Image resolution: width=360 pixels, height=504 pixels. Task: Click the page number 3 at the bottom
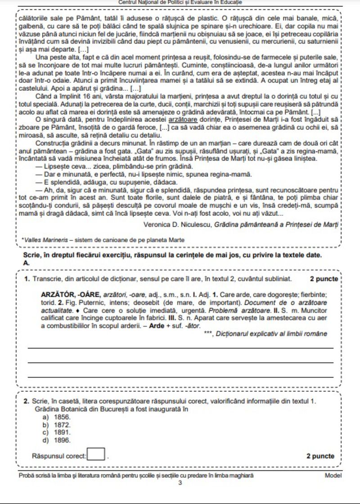(180, 484)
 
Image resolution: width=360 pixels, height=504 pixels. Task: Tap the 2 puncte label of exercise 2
(320, 456)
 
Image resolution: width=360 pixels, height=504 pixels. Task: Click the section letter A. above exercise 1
(26, 263)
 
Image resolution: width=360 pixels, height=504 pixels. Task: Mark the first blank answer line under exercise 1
(180, 348)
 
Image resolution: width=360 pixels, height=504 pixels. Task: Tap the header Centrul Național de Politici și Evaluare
(180, 3)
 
